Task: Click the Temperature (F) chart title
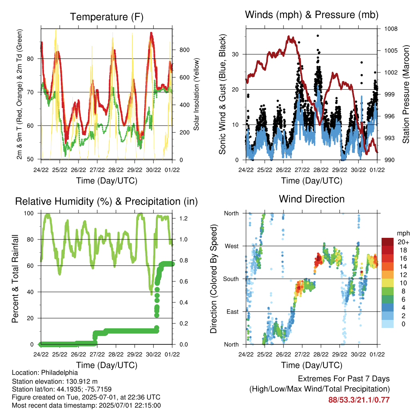pyautogui.click(x=107, y=17)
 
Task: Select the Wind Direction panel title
pyautogui.click(x=312, y=199)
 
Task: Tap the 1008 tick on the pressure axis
pyautogui.click(x=391, y=29)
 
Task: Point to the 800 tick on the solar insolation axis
pyautogui.click(x=184, y=50)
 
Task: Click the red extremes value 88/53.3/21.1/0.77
pyautogui.click(x=359, y=400)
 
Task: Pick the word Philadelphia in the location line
pyautogui.click(x=59, y=373)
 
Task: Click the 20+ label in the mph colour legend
pyautogui.click(x=403, y=242)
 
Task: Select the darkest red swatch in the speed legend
pyautogui.click(x=388, y=242)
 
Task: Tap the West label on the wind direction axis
pyautogui.click(x=232, y=246)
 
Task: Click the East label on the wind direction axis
pyautogui.click(x=233, y=312)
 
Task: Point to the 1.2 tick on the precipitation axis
pyautogui.click(x=183, y=218)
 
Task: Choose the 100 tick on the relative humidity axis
pyautogui.click(x=29, y=213)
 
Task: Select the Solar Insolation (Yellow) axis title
pyautogui.click(x=196, y=94)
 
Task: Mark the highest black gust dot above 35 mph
pyautogui.click(x=318, y=36)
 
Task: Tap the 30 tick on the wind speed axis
pyautogui.click(x=235, y=54)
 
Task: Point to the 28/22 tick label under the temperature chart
pyautogui.click(x=116, y=170)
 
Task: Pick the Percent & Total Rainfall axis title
pyautogui.click(x=15, y=279)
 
